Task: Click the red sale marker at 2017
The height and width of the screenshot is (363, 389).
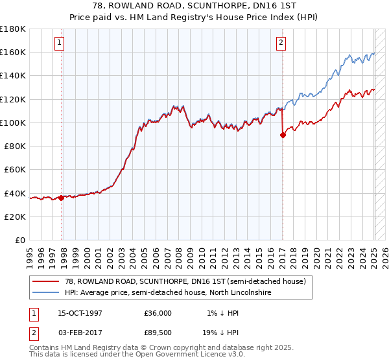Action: tap(283, 135)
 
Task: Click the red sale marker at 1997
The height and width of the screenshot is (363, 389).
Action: tap(62, 198)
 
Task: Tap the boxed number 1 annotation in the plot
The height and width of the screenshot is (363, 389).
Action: tap(59, 43)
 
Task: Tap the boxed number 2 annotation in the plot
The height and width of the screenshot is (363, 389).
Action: tap(281, 43)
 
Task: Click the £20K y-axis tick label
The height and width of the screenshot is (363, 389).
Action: tap(15, 217)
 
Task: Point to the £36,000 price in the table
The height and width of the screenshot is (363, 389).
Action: tap(158, 313)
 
